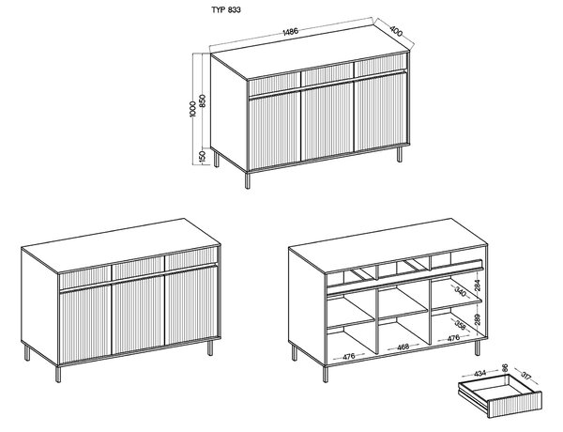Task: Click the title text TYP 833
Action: pyautogui.click(x=226, y=9)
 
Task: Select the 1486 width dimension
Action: pyautogui.click(x=291, y=32)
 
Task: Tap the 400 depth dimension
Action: pyautogui.click(x=395, y=32)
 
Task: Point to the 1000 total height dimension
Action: pyautogui.click(x=192, y=109)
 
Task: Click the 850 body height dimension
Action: pyautogui.click(x=202, y=101)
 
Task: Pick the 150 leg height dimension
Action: pyautogui.click(x=202, y=156)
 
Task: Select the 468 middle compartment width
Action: pyautogui.click(x=403, y=347)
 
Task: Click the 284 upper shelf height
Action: pyautogui.click(x=477, y=285)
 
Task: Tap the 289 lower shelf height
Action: pyautogui.click(x=477, y=318)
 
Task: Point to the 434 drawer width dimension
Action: pyautogui.click(x=479, y=374)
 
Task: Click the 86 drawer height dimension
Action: pyautogui.click(x=505, y=367)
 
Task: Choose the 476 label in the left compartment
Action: pyautogui.click(x=349, y=356)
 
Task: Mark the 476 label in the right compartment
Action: pyautogui.click(x=453, y=338)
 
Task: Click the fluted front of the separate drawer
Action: pyautogui.click(x=515, y=405)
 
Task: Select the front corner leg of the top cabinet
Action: pyautogui.click(x=247, y=179)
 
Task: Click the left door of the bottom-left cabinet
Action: pyautogui.click(x=85, y=323)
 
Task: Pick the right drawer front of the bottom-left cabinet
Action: pyautogui.click(x=191, y=257)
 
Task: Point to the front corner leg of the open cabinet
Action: pyautogui.click(x=326, y=374)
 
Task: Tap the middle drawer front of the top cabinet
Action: pyautogui.click(x=327, y=78)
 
